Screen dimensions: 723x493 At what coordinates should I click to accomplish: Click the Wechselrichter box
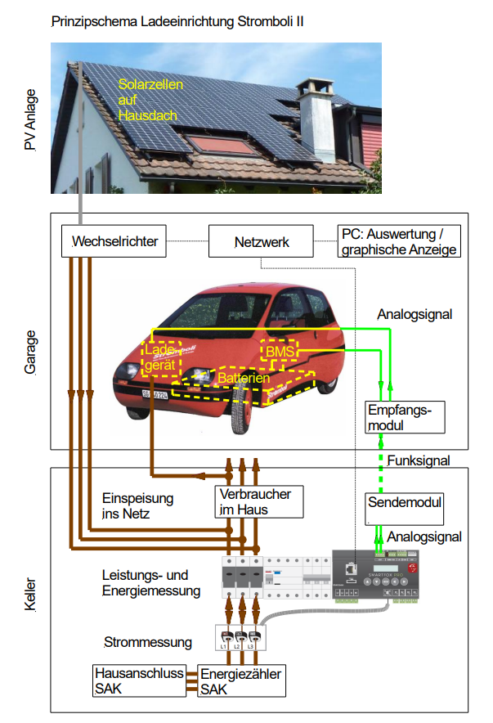(x=114, y=242)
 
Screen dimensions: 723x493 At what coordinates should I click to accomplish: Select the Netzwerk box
(x=261, y=242)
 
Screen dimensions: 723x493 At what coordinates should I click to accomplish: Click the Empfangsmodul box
(x=406, y=416)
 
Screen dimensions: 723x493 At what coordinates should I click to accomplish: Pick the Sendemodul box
(x=405, y=507)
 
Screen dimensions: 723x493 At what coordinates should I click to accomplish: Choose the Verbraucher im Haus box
(x=255, y=501)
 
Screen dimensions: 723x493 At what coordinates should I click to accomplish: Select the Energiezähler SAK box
(x=242, y=680)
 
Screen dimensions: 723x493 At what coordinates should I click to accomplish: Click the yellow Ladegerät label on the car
(x=160, y=357)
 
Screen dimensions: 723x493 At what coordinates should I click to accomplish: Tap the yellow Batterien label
(x=244, y=379)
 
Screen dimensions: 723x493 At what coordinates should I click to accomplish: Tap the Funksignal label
(x=419, y=460)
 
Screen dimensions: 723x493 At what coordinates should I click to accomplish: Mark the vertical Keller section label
(x=31, y=590)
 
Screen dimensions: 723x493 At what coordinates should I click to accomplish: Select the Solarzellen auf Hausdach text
(x=151, y=100)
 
